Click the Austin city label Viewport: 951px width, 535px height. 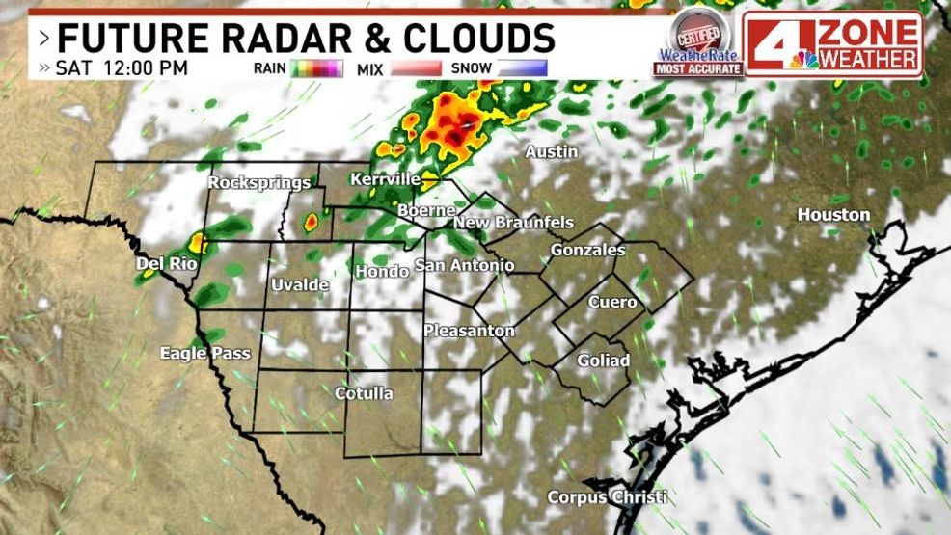(552, 152)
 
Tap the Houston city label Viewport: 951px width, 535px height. (833, 215)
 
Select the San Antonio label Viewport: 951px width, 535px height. (464, 265)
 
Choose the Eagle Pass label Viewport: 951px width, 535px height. (204, 354)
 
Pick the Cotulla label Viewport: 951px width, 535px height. (364, 393)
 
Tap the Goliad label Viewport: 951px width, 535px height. (603, 361)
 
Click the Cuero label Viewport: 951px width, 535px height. (612, 302)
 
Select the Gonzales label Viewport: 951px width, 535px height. (587, 251)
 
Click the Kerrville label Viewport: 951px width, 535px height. (385, 179)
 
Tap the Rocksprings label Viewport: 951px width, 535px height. (259, 182)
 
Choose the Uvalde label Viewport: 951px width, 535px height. (300, 285)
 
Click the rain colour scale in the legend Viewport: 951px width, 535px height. (316, 68)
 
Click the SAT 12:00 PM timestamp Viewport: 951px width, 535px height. (122, 68)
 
